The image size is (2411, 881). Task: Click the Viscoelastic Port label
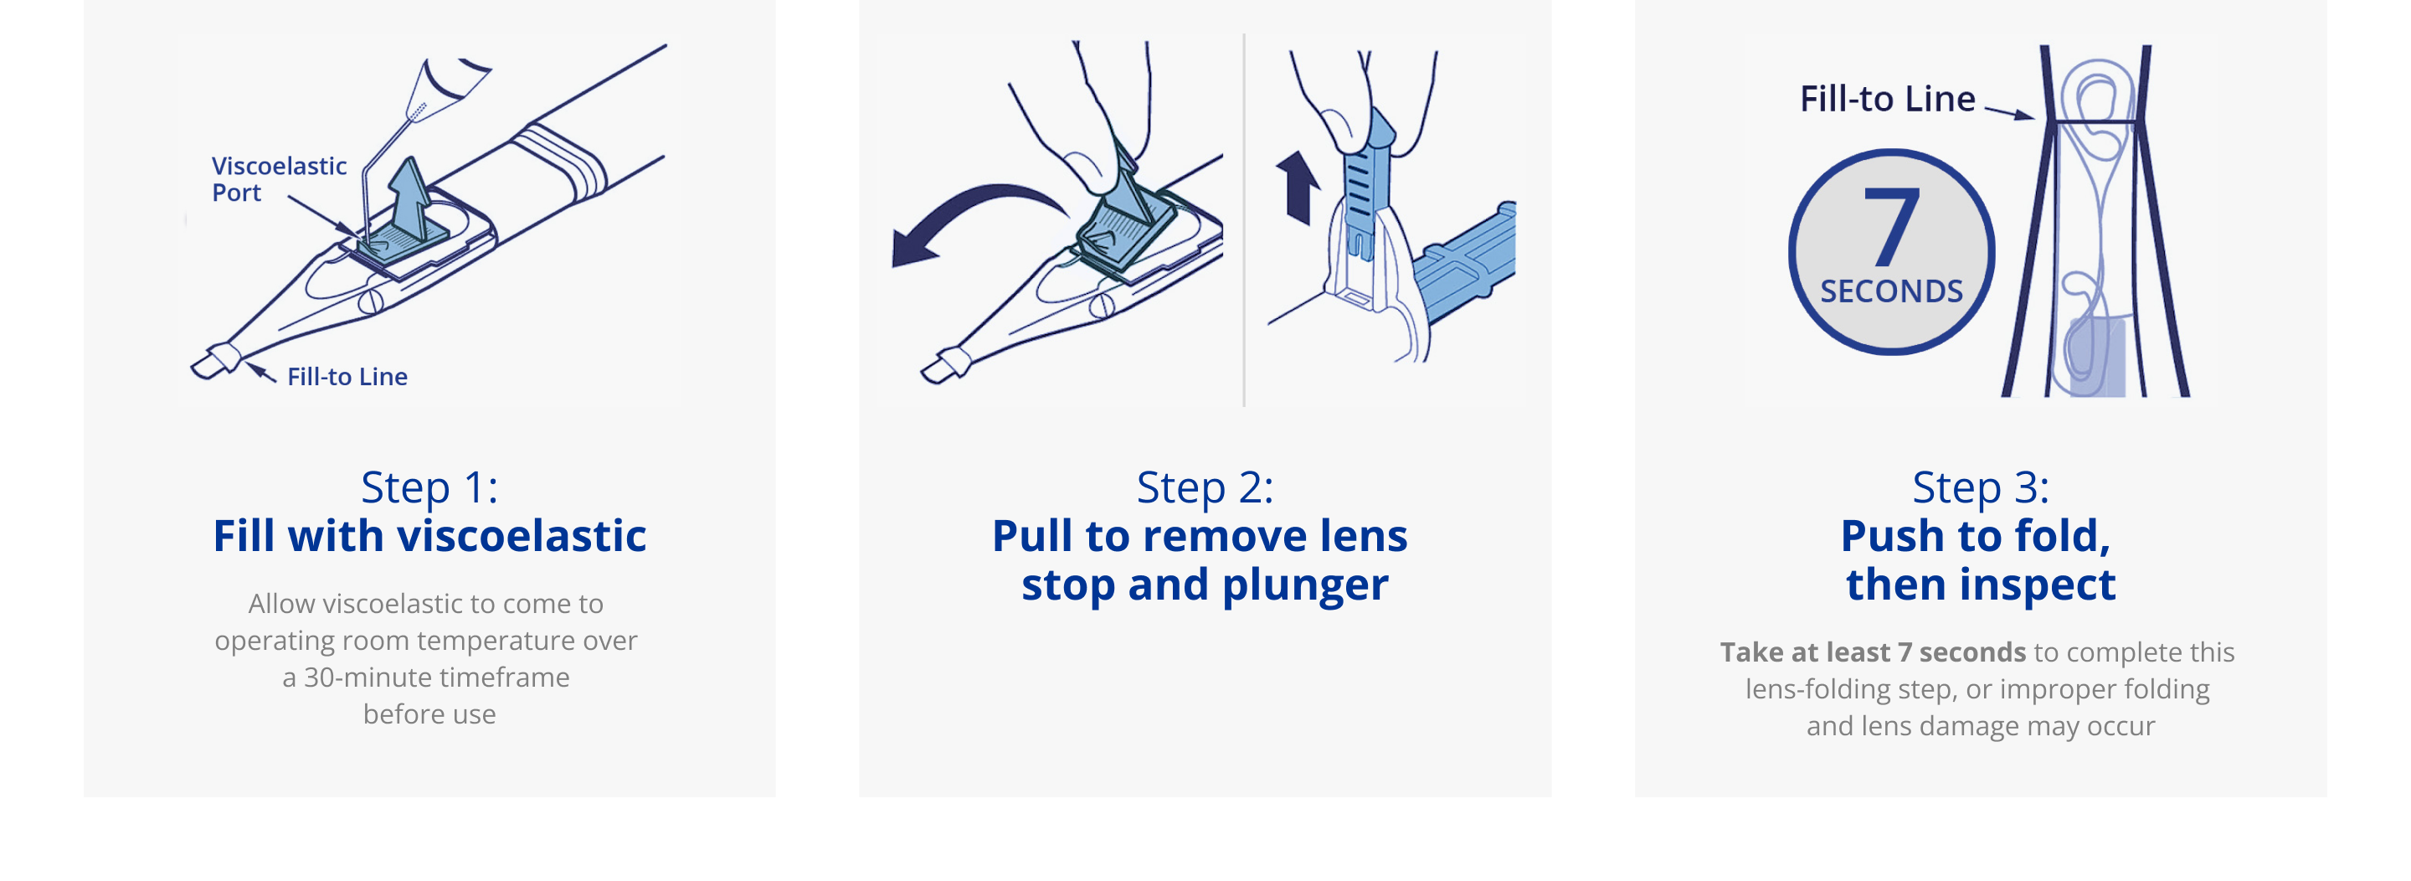[279, 179]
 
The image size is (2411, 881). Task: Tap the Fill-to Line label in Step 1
[347, 376]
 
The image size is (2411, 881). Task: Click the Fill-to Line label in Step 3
[1887, 98]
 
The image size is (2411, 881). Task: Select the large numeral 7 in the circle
[1892, 225]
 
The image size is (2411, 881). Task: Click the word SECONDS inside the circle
[1892, 291]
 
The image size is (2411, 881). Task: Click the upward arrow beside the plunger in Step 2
[1298, 188]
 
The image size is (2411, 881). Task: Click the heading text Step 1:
[429, 487]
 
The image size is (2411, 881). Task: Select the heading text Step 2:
[1205, 487]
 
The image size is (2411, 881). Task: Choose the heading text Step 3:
[1981, 487]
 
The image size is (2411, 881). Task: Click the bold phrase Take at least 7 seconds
[1873, 652]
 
